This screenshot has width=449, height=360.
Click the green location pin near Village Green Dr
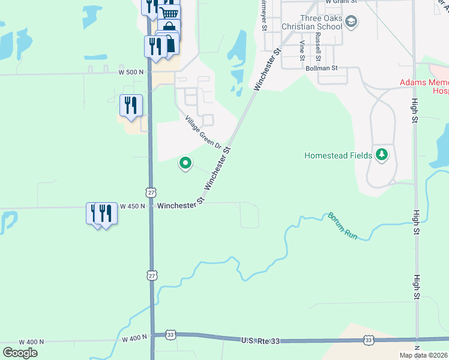[185, 162]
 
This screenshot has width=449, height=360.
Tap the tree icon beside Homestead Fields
[381, 155]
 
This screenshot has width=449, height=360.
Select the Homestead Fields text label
[338, 156]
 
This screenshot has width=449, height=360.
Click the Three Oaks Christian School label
[312, 22]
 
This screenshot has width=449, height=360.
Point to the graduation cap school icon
[351, 23]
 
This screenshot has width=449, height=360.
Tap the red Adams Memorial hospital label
[424, 86]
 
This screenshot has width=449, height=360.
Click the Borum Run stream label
[342, 226]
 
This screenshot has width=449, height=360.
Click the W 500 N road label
[131, 72]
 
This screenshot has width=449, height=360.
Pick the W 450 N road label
[132, 206]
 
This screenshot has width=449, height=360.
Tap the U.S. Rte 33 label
[262, 340]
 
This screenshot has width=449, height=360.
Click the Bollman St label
[322, 68]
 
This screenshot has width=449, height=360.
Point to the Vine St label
[303, 50]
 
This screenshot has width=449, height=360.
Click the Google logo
[19, 352]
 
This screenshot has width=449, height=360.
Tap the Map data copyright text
[424, 355]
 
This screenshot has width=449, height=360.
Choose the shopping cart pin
[169, 13]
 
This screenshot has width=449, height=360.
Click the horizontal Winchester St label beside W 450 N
[181, 205]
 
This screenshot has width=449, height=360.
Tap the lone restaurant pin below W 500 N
[130, 105]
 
